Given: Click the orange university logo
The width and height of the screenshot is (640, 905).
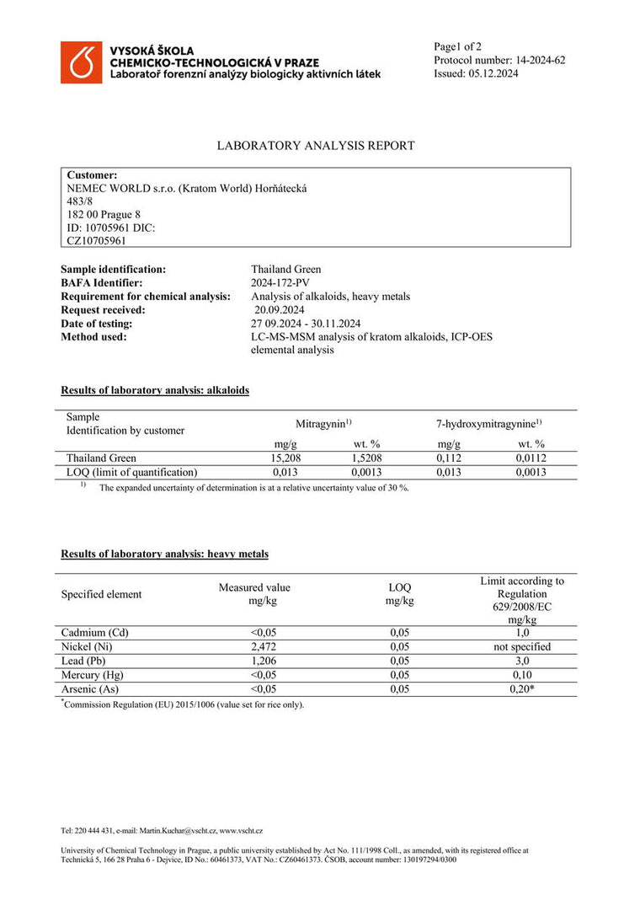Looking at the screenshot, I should click(81, 62).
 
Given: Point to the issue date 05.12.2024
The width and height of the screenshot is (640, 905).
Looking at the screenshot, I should click(493, 73).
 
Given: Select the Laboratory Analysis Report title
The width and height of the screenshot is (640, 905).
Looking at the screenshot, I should click(316, 146).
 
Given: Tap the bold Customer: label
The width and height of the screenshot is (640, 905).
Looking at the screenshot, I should click(92, 174).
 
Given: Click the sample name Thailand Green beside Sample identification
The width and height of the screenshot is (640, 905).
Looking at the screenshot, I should click(285, 270).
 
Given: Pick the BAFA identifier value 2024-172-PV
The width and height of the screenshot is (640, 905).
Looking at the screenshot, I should click(281, 283).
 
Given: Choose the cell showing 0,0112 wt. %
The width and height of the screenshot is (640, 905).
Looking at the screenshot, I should click(531, 458).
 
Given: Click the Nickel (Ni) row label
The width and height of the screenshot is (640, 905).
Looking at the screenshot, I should click(87, 646).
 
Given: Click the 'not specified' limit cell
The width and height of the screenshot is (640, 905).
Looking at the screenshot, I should click(522, 646).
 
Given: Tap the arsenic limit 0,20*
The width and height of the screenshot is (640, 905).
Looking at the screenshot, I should click(522, 689).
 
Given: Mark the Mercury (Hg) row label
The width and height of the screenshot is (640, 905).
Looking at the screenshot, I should click(92, 675).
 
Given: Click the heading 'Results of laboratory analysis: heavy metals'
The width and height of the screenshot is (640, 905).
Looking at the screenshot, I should click(165, 554).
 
